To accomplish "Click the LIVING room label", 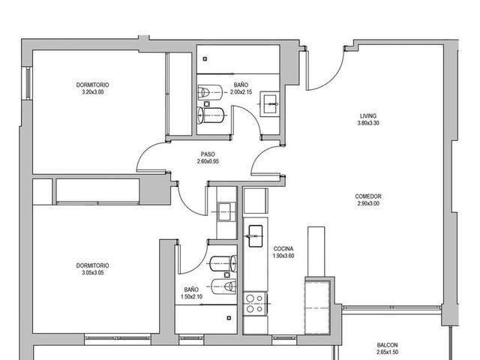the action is tap(368, 116).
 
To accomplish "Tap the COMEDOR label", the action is tap(368, 196).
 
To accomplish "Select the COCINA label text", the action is tap(283, 249).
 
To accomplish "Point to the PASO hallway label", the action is tap(208, 154).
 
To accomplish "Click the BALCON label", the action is tap(387, 345).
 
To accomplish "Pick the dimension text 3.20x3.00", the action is tap(93, 91).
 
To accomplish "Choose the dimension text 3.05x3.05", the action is tap(93, 273).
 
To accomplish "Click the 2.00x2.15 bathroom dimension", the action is tap(241, 91).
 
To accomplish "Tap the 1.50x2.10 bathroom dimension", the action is tap(192, 297).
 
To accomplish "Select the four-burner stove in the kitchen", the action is tap(255, 303).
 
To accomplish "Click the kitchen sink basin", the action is tap(256, 236).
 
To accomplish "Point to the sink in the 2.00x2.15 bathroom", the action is tap(269, 104).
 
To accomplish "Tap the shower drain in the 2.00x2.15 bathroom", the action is tap(205, 59).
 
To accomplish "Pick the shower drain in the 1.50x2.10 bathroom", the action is tap(229, 318).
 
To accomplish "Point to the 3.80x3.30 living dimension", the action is tap(368, 123).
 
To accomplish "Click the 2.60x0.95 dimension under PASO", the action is tap(208, 161).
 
